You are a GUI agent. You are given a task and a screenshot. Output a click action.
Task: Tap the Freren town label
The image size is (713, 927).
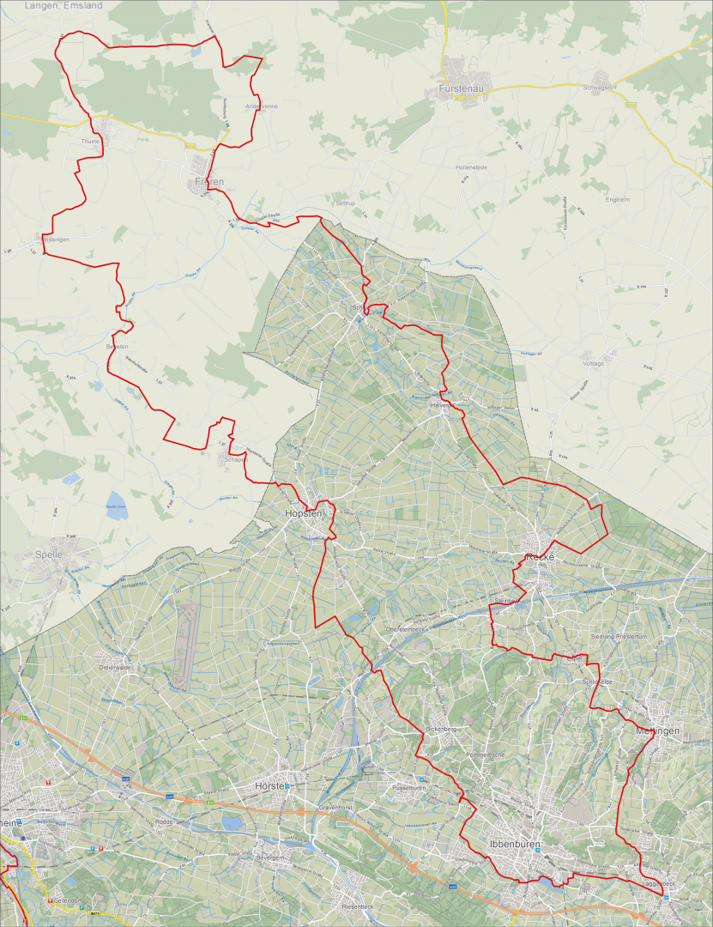click(209, 183)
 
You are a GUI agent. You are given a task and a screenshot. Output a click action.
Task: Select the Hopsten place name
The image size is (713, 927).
click(303, 513)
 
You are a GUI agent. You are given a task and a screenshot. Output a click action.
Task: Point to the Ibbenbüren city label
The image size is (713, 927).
click(512, 845)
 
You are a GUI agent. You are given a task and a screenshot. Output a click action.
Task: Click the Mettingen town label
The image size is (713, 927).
click(658, 730)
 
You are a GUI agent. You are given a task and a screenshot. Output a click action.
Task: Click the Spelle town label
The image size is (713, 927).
click(50, 554)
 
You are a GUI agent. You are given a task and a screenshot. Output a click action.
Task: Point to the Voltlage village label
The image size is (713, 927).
click(593, 363)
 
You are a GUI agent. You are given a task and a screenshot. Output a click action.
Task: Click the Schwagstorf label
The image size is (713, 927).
click(601, 88)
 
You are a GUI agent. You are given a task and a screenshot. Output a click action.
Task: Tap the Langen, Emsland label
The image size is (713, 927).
click(63, 5)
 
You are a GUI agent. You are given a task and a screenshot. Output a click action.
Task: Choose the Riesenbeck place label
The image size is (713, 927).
click(357, 906)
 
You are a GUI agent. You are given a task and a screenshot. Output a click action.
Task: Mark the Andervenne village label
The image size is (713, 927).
click(262, 106)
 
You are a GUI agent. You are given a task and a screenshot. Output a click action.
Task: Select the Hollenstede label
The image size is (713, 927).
click(471, 167)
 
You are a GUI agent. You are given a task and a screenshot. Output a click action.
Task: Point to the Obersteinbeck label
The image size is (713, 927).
click(408, 629)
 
